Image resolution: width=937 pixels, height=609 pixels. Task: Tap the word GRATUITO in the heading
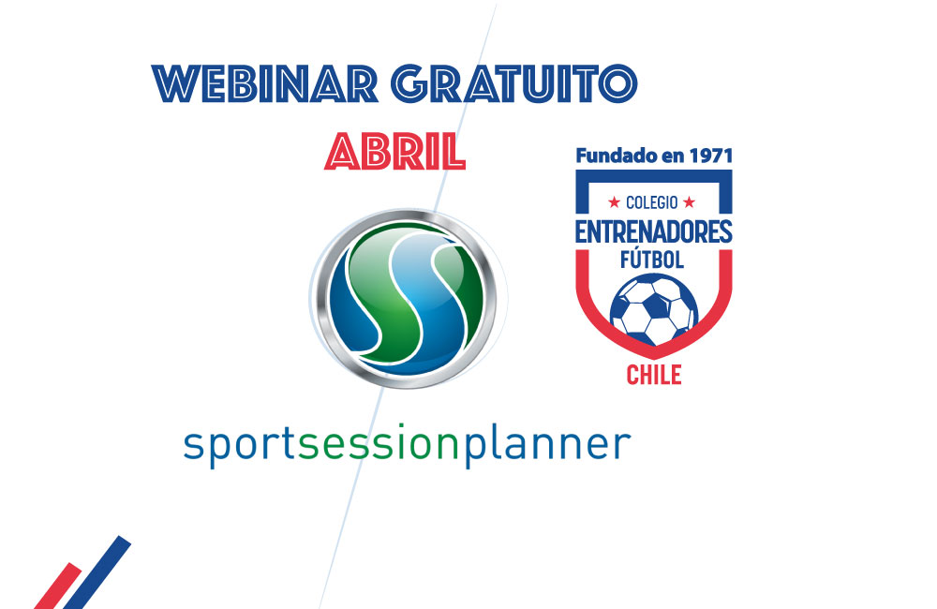pyautogui.click(x=515, y=83)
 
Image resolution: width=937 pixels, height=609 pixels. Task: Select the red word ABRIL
pyautogui.click(x=395, y=152)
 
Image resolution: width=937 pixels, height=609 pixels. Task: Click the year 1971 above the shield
pyautogui.click(x=710, y=156)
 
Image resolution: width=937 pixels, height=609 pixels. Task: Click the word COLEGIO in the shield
pyautogui.click(x=651, y=202)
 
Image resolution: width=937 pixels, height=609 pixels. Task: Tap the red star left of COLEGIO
pyautogui.click(x=614, y=202)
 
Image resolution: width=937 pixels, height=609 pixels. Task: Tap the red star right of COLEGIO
pyautogui.click(x=689, y=202)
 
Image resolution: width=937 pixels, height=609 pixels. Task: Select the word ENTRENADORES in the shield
pyautogui.click(x=654, y=231)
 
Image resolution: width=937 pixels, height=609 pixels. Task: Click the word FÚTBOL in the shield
pyautogui.click(x=652, y=260)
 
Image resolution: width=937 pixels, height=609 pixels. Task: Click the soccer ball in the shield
pyautogui.click(x=654, y=309)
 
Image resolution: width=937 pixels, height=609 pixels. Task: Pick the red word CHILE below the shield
pyautogui.click(x=654, y=375)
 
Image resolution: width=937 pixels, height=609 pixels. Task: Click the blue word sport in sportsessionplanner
pyautogui.click(x=239, y=445)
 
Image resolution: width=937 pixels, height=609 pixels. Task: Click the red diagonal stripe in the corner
pyautogui.click(x=57, y=586)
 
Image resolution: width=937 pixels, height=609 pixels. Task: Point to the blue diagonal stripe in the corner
pyautogui.click(x=97, y=572)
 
